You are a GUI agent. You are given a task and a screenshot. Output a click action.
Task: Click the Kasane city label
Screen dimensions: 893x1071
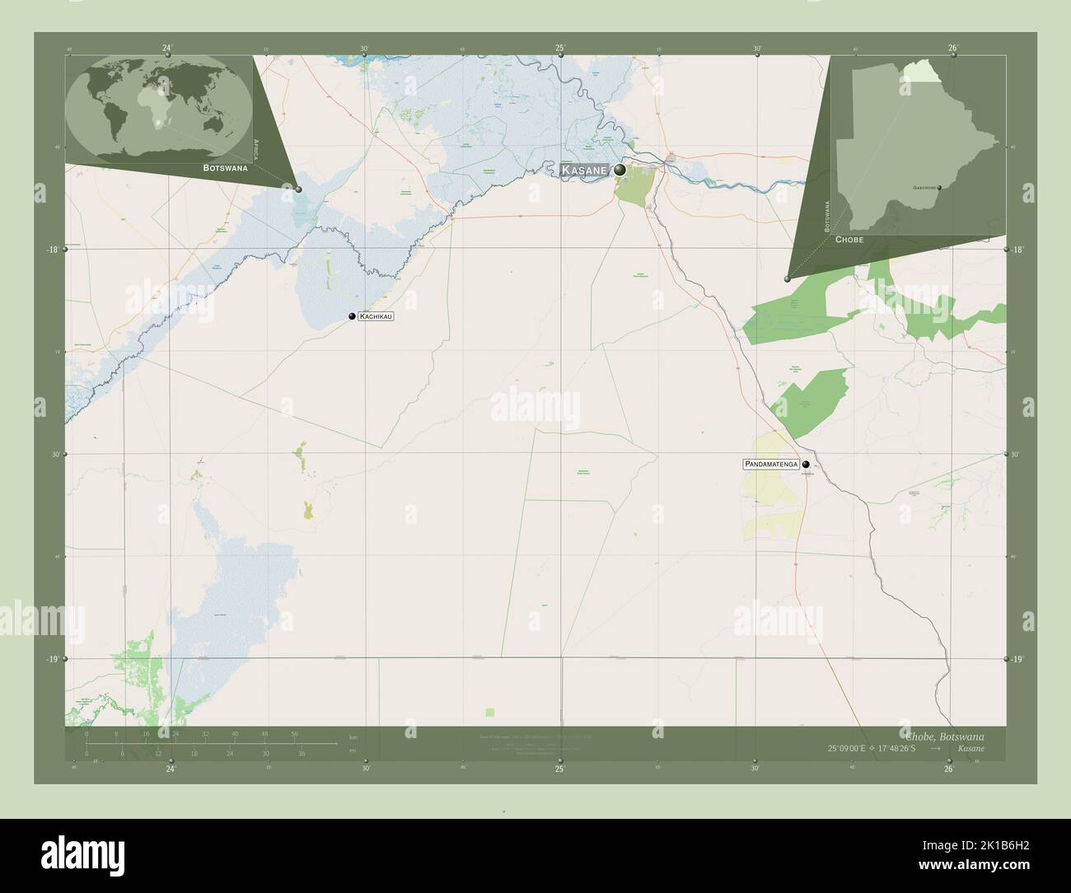pyautogui.click(x=584, y=171)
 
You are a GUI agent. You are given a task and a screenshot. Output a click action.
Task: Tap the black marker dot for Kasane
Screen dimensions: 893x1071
pyautogui.click(x=620, y=170)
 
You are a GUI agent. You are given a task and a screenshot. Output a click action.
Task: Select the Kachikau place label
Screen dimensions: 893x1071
pyautogui.click(x=376, y=316)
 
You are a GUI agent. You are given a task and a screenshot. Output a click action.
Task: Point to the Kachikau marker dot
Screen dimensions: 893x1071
pyautogui.click(x=352, y=316)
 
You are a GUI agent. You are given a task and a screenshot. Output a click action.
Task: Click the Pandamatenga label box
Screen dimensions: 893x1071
pyautogui.click(x=771, y=465)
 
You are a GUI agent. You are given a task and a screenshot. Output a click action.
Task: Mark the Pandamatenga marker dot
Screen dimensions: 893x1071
pyautogui.click(x=807, y=465)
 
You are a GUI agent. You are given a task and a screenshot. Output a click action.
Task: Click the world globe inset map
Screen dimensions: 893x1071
pyautogui.click(x=159, y=105)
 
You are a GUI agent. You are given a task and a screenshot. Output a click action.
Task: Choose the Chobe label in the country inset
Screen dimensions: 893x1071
pyautogui.click(x=849, y=239)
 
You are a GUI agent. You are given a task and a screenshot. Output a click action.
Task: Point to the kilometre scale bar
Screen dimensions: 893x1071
pyautogui.click(x=210, y=743)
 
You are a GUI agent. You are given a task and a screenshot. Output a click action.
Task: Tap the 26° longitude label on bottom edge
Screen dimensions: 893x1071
pyautogui.click(x=949, y=769)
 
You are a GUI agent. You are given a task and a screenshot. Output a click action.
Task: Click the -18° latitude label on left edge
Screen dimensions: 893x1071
pyautogui.click(x=52, y=249)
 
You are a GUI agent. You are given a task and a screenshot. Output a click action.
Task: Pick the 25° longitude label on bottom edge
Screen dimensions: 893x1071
pyautogui.click(x=559, y=769)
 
